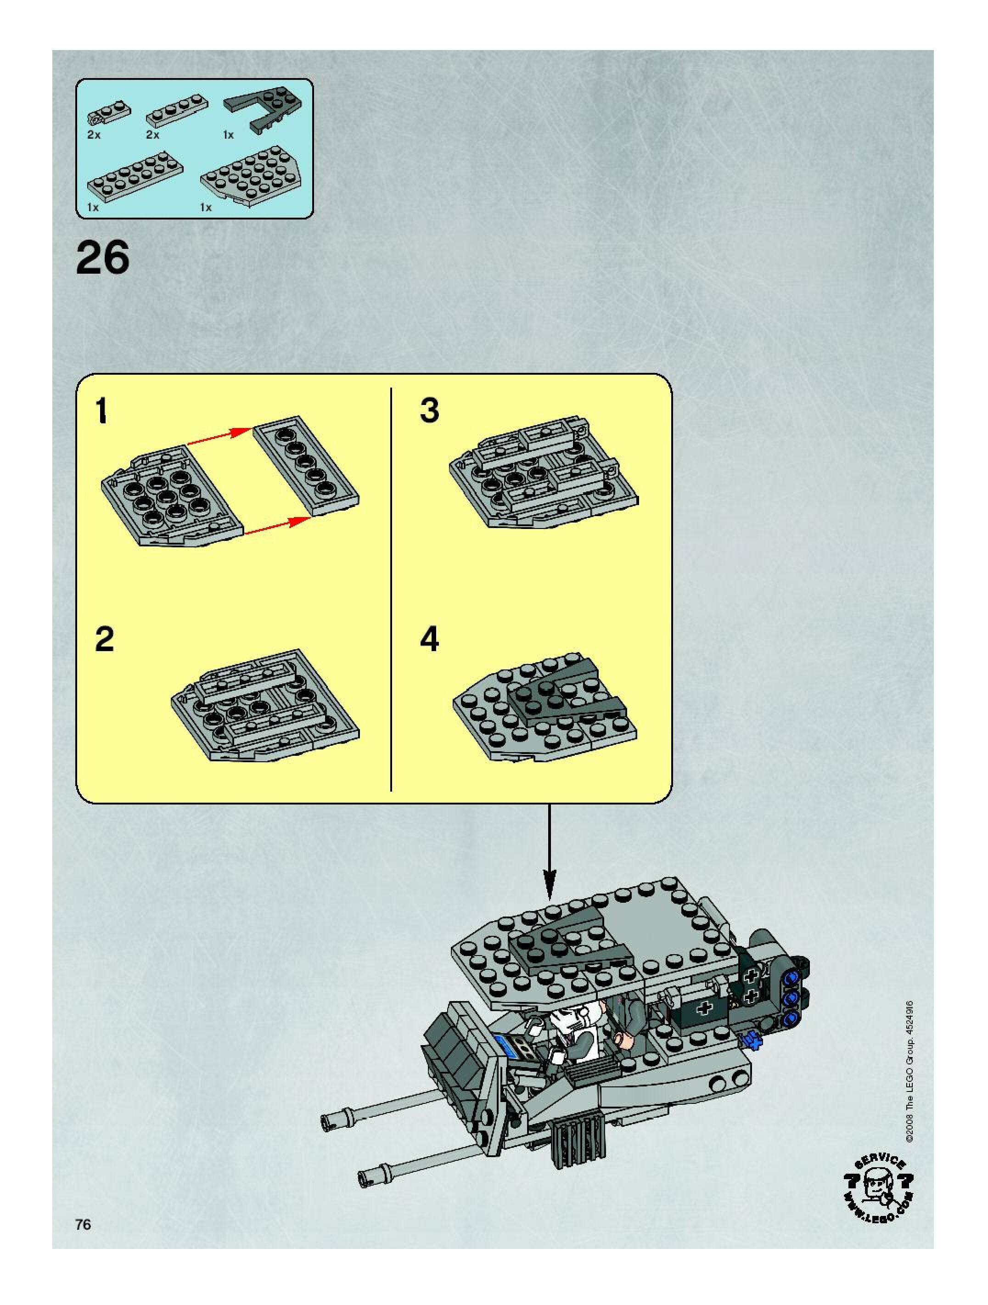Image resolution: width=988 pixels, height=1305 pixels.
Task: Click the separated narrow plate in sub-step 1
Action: click(x=306, y=468)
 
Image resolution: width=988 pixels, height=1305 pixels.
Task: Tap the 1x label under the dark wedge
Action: click(x=228, y=135)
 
